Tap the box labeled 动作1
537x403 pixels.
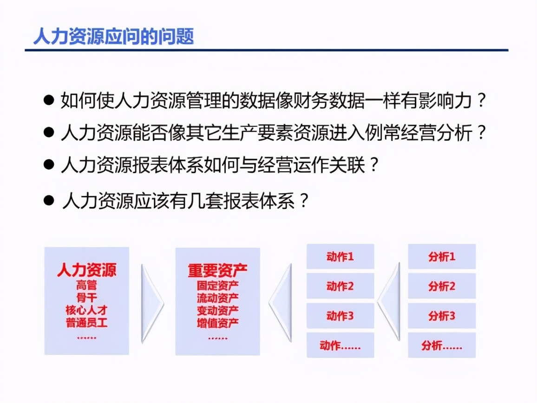340,257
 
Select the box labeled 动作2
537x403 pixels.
340,286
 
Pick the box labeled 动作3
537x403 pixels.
340,316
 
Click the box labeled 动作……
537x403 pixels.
340,345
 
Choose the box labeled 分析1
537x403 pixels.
442,257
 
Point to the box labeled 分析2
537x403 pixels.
442,286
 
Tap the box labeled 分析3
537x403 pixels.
442,316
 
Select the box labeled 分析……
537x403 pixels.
442,345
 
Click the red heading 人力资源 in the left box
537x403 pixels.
87,270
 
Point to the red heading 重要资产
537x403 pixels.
218,270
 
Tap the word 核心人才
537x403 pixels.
87,310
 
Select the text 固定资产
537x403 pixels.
218,285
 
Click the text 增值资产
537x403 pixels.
218,323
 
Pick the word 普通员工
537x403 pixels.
87,323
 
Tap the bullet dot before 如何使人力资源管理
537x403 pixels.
48,100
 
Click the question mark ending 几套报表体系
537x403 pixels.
303,201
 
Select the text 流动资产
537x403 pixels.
218,297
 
